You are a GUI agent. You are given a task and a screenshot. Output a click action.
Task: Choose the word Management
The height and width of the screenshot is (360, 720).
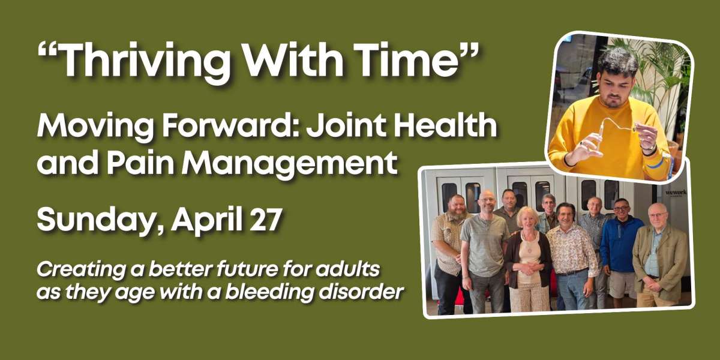[290, 164]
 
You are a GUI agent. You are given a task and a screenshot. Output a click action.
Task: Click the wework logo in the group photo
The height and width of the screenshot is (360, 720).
[676, 193]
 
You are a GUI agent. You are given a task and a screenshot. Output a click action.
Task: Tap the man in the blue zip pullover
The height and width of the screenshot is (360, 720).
[620, 251]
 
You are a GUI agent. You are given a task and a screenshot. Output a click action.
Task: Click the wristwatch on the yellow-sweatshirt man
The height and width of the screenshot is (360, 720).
[649, 149]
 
